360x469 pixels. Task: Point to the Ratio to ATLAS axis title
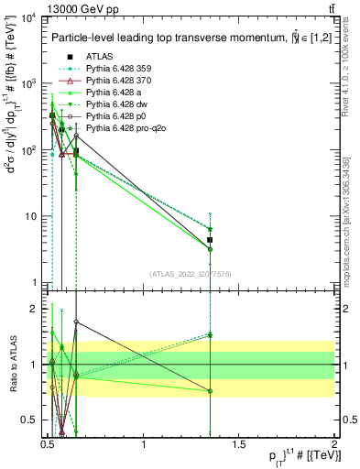click(x=10, y=365)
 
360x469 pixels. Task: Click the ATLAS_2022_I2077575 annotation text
click(x=192, y=272)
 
